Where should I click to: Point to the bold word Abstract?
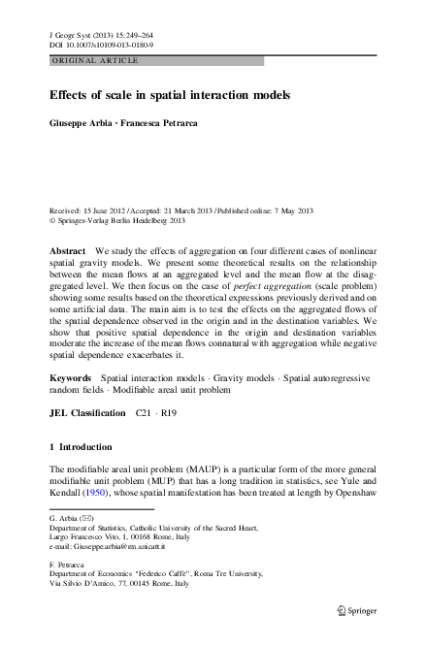point(70,250)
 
